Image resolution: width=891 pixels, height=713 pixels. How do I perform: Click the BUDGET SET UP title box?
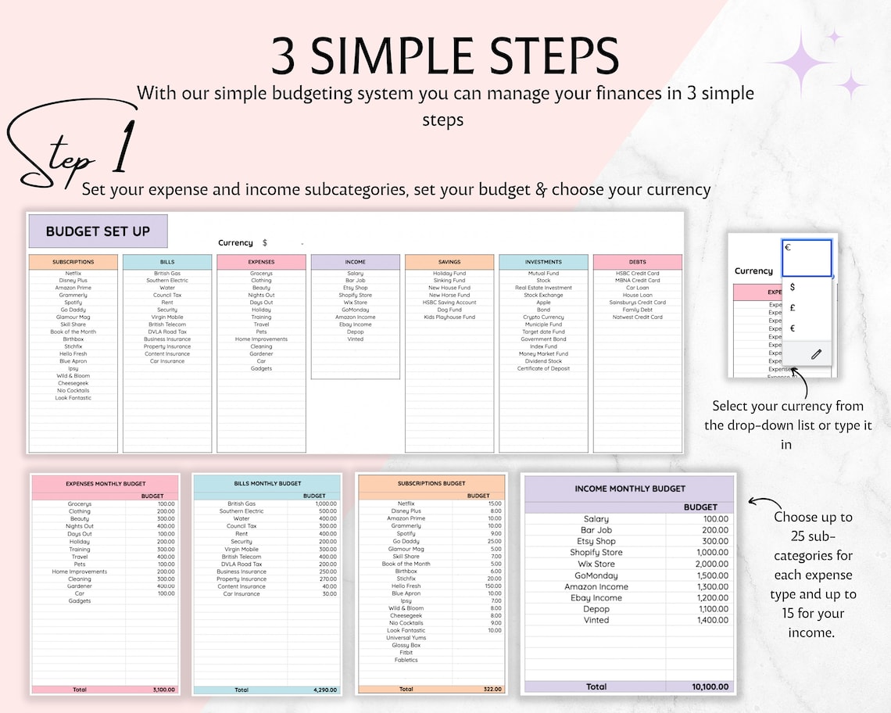pyautogui.click(x=98, y=231)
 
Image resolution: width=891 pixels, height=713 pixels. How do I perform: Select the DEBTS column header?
pyautogui.click(x=637, y=262)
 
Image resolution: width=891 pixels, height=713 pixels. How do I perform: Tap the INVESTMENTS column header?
pyautogui.click(x=543, y=262)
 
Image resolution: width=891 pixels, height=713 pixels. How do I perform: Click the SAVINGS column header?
pyautogui.click(x=449, y=262)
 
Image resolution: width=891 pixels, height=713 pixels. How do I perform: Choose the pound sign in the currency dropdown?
pyautogui.click(x=793, y=308)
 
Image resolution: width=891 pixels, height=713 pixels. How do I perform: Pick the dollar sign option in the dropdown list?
pyautogui.click(x=793, y=288)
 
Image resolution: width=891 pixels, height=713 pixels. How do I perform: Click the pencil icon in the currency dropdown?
pyautogui.click(x=816, y=354)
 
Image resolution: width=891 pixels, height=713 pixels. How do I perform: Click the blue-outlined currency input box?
pyautogui.click(x=807, y=258)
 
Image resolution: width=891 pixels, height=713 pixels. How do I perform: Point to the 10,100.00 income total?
pyautogui.click(x=710, y=686)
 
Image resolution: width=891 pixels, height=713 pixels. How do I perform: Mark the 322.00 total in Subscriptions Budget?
pyautogui.click(x=492, y=689)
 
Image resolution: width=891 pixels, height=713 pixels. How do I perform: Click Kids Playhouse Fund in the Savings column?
pyautogui.click(x=449, y=317)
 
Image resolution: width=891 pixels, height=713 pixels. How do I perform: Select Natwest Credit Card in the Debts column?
pyautogui.click(x=637, y=317)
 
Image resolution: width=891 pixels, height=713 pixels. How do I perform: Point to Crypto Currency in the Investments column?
pyautogui.click(x=543, y=317)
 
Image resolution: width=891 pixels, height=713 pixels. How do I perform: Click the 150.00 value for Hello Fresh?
pyautogui.click(x=492, y=586)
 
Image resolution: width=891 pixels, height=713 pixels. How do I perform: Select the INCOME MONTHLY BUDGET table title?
pyautogui.click(x=629, y=489)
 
